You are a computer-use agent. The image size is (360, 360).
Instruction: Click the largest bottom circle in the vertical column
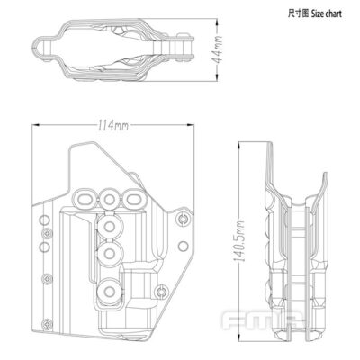[111, 292]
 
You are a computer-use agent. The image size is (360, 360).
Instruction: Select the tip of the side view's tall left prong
[274, 144]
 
